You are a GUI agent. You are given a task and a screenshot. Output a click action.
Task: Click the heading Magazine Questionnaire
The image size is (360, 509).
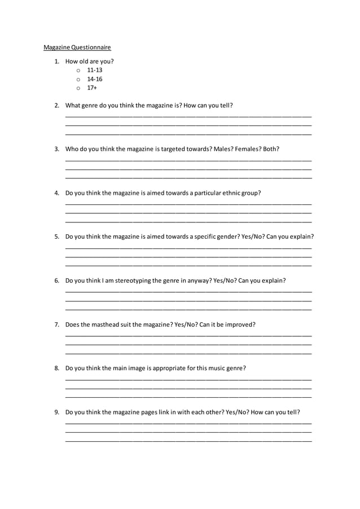pyautogui.click(x=77, y=47)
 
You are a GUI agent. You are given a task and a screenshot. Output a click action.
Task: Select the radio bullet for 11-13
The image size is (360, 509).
pyautogui.click(x=79, y=71)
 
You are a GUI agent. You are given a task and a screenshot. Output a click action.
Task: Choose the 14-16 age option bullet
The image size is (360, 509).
pyautogui.click(x=79, y=80)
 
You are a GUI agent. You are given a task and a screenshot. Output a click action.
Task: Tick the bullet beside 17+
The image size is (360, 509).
pyautogui.click(x=79, y=89)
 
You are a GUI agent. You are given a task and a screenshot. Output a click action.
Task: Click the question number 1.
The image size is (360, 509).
pyautogui.click(x=56, y=61)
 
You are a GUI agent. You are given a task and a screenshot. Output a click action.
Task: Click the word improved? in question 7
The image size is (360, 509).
pyautogui.click(x=240, y=324)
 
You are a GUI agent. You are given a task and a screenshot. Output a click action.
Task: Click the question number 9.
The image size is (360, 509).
pyautogui.click(x=56, y=412)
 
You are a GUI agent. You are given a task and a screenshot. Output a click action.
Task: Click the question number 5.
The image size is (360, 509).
pyautogui.click(x=56, y=236)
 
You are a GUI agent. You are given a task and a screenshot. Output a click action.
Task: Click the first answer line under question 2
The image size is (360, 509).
pyautogui.click(x=188, y=117)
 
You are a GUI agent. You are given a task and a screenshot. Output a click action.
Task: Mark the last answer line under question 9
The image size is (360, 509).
pyautogui.click(x=188, y=441)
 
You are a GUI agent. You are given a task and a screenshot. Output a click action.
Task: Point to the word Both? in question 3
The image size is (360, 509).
pyautogui.click(x=271, y=149)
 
